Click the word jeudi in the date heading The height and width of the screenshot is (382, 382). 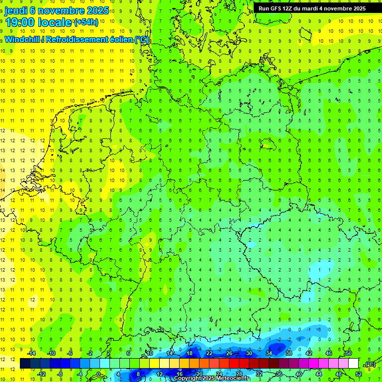17,10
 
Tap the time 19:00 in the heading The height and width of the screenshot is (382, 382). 20,22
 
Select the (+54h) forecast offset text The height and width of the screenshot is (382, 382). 86,22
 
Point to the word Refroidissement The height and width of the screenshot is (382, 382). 77,40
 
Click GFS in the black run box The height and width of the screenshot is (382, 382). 277,8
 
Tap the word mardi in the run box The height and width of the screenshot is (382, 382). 315,8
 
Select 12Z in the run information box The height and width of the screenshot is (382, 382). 289,8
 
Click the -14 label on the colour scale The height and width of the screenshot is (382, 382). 32,353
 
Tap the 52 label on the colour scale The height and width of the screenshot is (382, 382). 359,374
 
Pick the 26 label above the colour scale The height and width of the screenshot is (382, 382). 229,353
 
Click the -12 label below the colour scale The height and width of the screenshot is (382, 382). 42,374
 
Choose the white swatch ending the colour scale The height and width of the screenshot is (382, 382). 354,364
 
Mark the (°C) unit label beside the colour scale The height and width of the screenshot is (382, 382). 370,364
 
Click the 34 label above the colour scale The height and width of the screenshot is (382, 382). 269,353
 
